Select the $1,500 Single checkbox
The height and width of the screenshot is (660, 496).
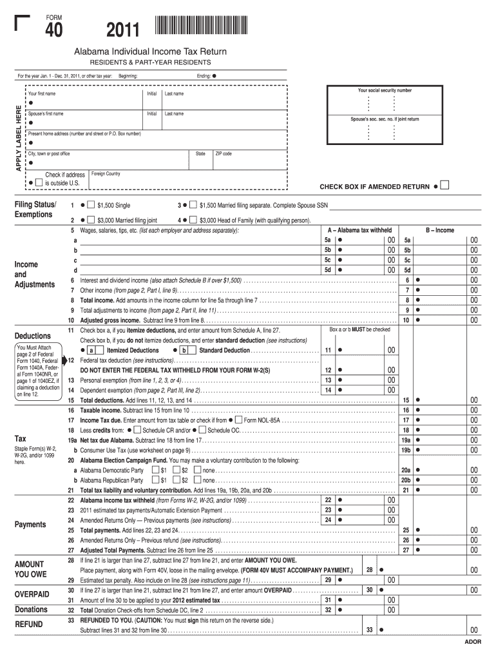91,205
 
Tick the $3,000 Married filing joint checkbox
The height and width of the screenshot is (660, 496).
91,220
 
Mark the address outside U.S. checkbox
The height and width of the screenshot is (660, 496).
39,182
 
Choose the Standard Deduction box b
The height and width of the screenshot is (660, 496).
184,350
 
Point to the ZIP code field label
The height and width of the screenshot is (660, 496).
224,154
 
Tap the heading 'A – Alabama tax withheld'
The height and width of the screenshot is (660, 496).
359,230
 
